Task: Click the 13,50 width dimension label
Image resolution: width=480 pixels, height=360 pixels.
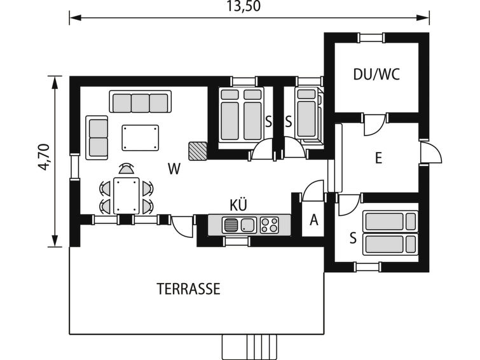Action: coord(243,6)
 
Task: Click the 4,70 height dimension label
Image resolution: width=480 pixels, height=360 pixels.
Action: coord(44,157)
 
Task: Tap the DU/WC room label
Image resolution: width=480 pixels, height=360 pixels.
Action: coord(376,74)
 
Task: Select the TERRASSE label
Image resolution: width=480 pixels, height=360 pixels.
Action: coord(188,289)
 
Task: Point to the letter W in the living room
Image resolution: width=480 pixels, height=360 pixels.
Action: coord(174,169)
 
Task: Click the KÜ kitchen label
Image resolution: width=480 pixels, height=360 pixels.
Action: coord(238,205)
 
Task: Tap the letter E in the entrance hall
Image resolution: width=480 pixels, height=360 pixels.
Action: coord(379,159)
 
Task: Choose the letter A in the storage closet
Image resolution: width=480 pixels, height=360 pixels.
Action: coord(314,220)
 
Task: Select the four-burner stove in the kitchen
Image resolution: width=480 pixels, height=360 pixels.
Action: coord(270,225)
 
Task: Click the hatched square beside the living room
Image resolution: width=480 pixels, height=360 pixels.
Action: coord(198,151)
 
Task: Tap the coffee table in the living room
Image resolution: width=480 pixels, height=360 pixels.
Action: coord(141,138)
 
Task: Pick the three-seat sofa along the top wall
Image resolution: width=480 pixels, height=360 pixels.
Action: coord(141,101)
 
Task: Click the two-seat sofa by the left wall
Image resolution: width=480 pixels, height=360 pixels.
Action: coord(97,137)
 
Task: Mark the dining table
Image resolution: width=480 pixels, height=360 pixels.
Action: coord(127,196)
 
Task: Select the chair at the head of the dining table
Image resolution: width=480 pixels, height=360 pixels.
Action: coord(127,169)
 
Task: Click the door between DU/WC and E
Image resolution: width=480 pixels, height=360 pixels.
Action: coord(374,124)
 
